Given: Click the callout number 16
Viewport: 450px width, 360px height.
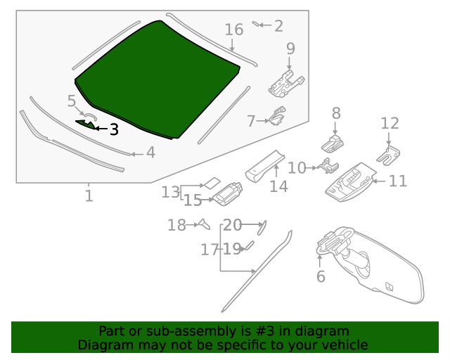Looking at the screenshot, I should (x=233, y=30).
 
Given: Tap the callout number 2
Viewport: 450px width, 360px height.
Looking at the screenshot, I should (x=278, y=26).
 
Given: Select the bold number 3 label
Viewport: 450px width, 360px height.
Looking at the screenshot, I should (x=113, y=129).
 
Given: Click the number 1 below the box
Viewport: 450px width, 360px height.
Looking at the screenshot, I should (x=89, y=196).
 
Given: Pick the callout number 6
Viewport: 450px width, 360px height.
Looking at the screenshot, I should (x=321, y=276).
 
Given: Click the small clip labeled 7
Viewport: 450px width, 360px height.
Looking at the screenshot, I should (x=278, y=116).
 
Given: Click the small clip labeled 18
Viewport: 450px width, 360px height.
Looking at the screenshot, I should (x=203, y=224).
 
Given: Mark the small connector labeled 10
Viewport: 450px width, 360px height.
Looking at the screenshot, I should (x=326, y=167).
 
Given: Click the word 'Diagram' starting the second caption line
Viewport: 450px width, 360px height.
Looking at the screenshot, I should (x=102, y=345).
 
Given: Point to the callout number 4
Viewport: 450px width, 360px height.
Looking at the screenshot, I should (x=150, y=153).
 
